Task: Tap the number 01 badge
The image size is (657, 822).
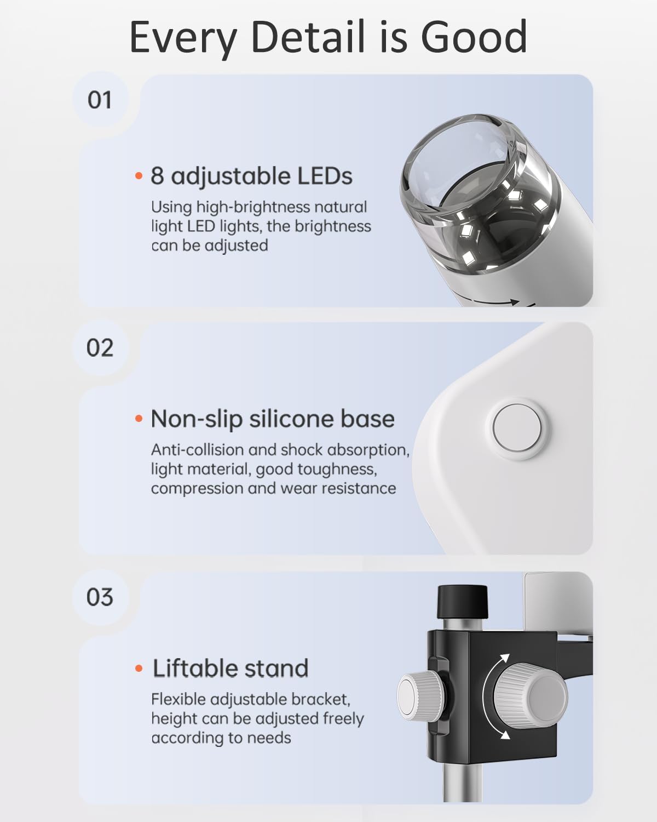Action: [x=100, y=100]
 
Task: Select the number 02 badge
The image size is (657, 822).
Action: [x=100, y=348]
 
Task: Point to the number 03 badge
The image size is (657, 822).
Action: [x=100, y=597]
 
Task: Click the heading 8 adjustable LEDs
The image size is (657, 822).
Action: [x=251, y=176]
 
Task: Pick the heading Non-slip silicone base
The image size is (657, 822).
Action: [x=272, y=419]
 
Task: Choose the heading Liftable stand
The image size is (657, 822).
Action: [x=230, y=668]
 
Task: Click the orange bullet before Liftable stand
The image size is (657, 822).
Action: [x=139, y=669]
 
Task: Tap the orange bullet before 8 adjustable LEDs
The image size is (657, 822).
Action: [x=139, y=176]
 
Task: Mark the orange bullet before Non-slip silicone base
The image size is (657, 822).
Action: [x=139, y=419]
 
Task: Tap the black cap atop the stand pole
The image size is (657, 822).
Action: [x=462, y=601]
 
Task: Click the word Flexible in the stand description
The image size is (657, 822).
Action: [x=178, y=699]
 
